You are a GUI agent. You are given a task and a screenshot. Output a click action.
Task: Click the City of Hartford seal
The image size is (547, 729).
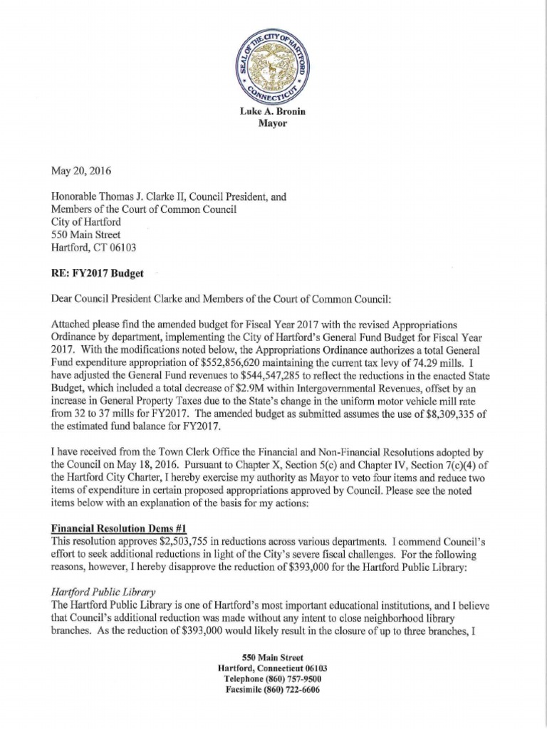point(273,66)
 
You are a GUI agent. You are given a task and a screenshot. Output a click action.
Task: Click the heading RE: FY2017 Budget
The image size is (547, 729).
point(96,273)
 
